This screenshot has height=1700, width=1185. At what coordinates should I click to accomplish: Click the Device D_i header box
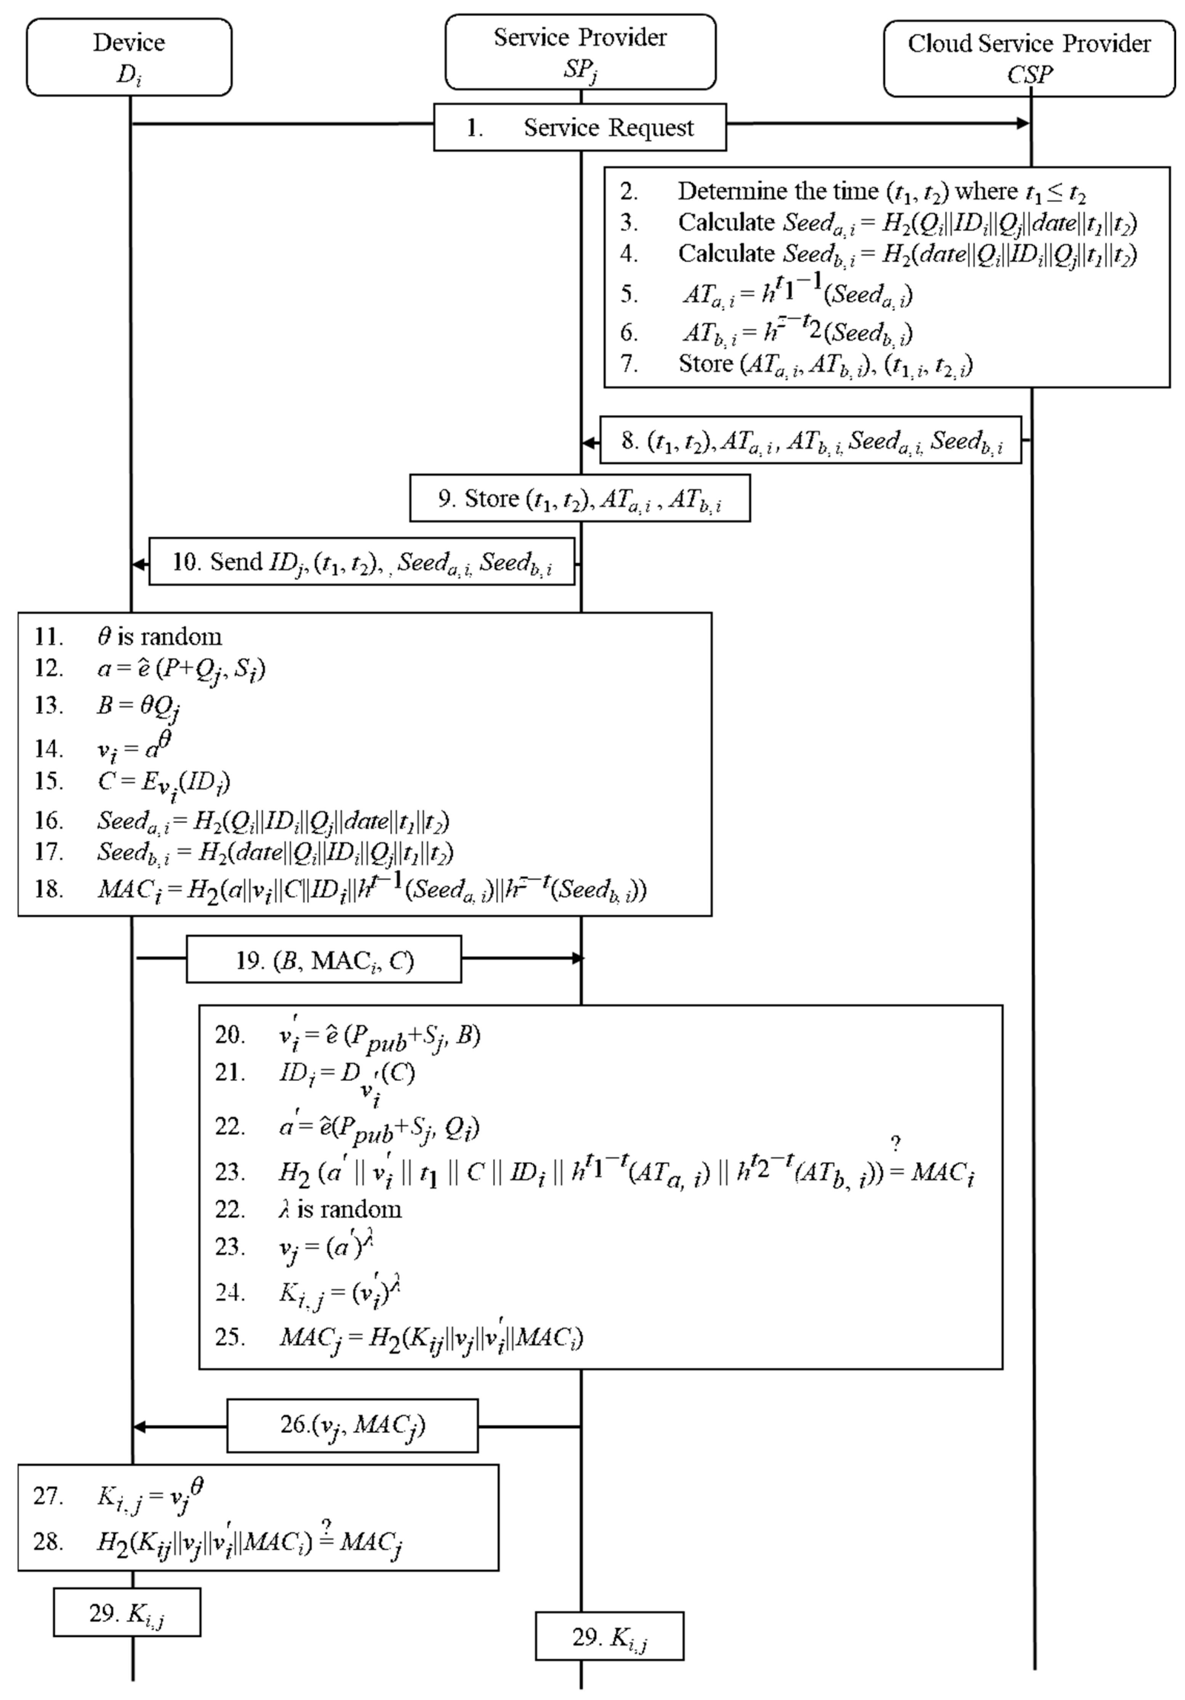point(129,57)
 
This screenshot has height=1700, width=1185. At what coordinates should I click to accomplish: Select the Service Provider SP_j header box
point(580,52)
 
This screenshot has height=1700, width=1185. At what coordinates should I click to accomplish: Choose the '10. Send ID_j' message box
point(362,562)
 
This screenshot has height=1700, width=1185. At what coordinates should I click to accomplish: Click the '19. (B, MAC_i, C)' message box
point(323,960)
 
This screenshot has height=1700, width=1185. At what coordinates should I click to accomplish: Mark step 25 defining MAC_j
point(429,1337)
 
